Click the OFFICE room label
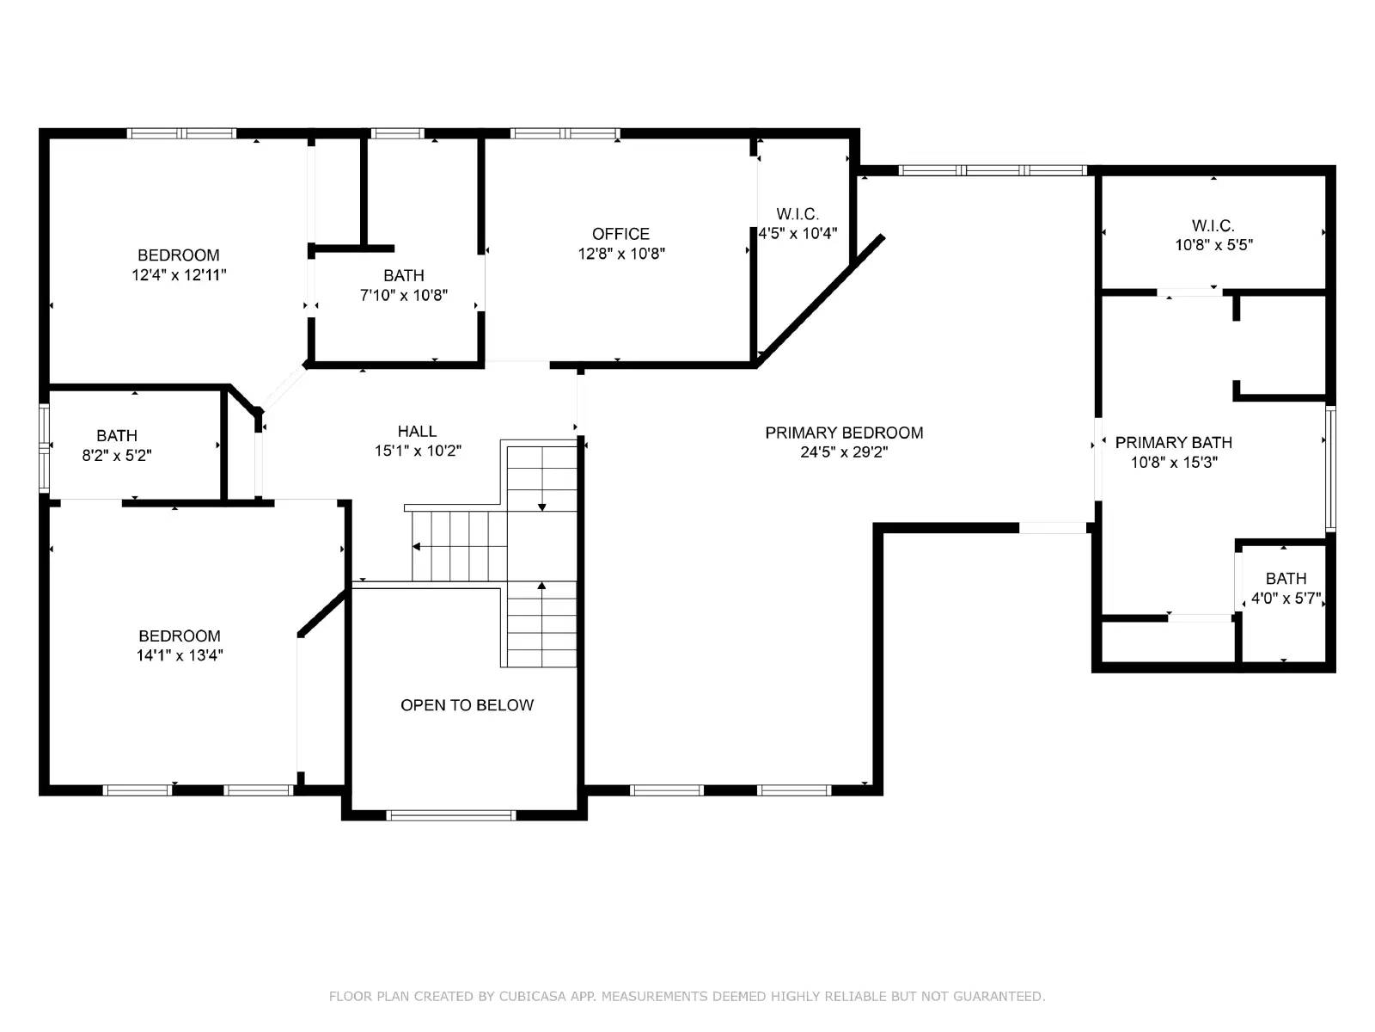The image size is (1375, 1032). click(x=620, y=234)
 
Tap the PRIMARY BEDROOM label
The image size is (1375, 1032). click(x=844, y=433)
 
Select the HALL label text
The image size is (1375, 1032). click(x=417, y=431)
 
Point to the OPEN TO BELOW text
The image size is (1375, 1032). click(x=467, y=705)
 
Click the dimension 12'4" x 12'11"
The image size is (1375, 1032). click(x=179, y=274)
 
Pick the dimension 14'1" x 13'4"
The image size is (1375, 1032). click(x=180, y=655)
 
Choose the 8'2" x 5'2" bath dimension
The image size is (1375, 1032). click(x=117, y=455)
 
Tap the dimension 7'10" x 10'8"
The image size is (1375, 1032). click(x=403, y=294)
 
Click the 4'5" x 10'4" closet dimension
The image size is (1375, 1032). click(x=797, y=234)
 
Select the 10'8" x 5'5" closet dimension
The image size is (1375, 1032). click(x=1213, y=244)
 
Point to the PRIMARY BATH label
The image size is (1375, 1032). click(x=1173, y=442)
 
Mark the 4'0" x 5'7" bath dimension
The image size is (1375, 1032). click(x=1286, y=598)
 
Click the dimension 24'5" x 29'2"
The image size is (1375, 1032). click(x=844, y=451)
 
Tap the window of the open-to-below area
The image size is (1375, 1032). click(x=451, y=815)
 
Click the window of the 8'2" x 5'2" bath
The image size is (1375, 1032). click(x=44, y=447)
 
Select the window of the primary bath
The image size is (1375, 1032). click(x=1330, y=469)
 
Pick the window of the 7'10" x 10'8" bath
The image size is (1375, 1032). click(x=397, y=133)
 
